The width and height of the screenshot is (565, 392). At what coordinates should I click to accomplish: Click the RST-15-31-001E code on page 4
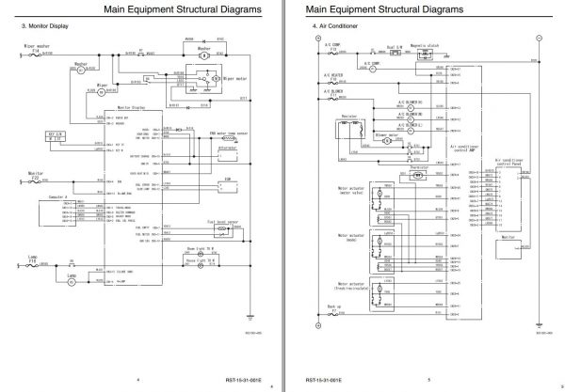click(x=233, y=381)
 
